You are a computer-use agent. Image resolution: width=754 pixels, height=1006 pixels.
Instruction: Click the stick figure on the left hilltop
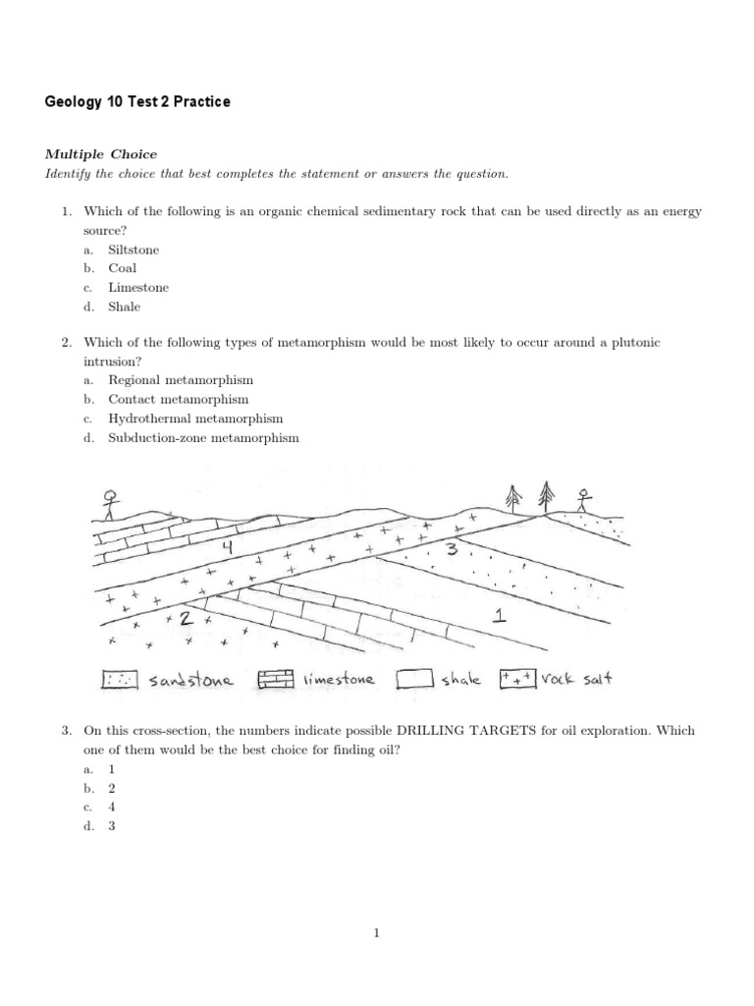point(111,503)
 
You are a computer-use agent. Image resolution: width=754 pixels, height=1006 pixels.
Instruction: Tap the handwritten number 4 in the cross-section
point(227,546)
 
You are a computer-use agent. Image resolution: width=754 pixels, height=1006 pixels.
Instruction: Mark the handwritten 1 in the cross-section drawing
point(500,616)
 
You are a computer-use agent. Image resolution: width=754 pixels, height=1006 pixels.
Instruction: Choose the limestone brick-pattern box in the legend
point(277,680)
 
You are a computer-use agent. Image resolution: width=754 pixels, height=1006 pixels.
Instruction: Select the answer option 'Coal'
point(123,268)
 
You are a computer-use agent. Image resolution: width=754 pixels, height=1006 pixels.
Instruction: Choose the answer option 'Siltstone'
point(134,250)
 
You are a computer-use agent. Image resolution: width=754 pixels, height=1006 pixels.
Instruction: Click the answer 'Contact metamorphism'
point(179,400)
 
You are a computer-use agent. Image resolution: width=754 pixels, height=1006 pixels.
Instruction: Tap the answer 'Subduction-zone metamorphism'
point(203,438)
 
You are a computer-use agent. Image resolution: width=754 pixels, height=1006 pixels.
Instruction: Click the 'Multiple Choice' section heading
point(101,154)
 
